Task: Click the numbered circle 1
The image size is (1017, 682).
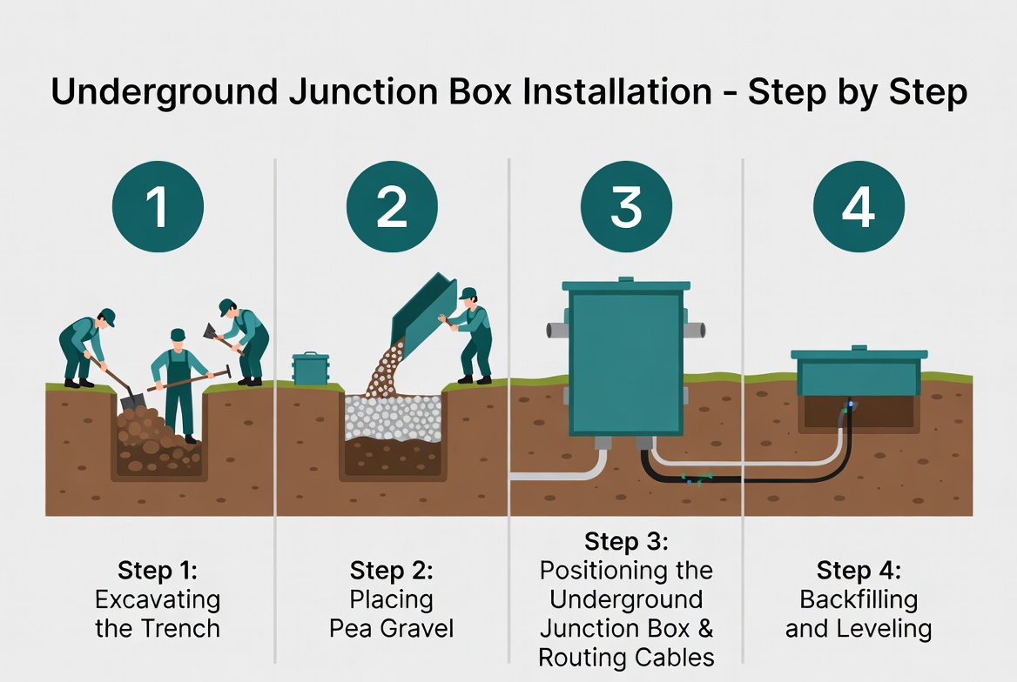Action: (158, 207)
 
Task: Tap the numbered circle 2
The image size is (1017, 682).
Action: (391, 207)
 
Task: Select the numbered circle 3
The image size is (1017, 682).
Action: (625, 207)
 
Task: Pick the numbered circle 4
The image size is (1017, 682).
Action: (859, 207)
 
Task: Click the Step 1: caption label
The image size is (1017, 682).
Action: (158, 571)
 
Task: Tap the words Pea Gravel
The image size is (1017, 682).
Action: (391, 627)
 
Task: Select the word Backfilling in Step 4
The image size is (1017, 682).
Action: (859, 599)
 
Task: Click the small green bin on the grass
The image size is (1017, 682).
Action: (310, 369)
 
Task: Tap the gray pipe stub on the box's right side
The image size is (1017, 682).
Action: (694, 330)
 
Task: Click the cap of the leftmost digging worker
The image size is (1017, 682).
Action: (108, 317)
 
